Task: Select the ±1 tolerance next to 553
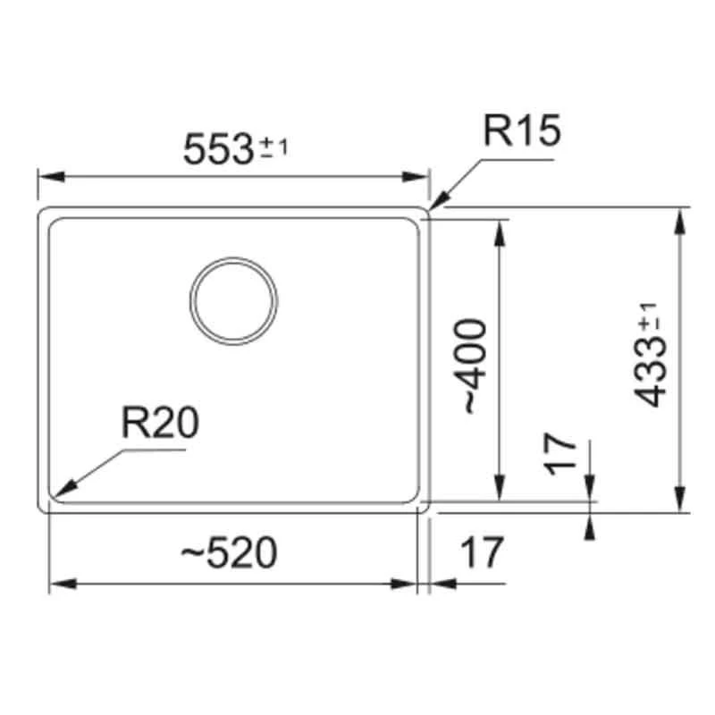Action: [274, 147]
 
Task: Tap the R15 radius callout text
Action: [521, 131]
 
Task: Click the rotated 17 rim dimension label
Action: [559, 454]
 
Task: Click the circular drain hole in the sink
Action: [233, 300]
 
